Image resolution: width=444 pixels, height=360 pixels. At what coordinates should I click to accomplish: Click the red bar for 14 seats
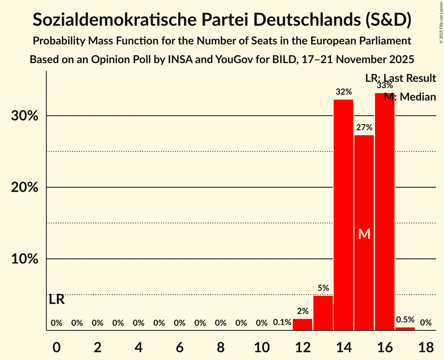coord(343,215)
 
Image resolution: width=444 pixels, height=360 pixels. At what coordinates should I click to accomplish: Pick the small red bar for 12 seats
coord(302,324)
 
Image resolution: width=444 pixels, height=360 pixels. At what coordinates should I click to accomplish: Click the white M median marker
coord(364,234)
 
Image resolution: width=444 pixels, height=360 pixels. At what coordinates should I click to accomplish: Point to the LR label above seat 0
coord(57,300)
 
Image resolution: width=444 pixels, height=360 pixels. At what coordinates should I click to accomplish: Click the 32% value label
coord(343,92)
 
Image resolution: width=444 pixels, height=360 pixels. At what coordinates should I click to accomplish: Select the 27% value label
coord(364,127)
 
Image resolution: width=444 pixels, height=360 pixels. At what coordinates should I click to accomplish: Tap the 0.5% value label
coord(405,319)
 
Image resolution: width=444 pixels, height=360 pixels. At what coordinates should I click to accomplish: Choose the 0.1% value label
coord(282,323)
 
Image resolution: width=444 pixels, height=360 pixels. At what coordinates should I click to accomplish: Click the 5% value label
coord(323,288)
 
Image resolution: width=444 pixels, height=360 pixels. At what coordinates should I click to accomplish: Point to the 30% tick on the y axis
coord(25,116)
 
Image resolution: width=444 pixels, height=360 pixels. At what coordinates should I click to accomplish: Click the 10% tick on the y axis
coord(25,259)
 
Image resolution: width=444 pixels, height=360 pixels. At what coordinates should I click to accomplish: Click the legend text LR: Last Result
coord(400,78)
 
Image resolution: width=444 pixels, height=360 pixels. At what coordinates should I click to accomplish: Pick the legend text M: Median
coord(410,97)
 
